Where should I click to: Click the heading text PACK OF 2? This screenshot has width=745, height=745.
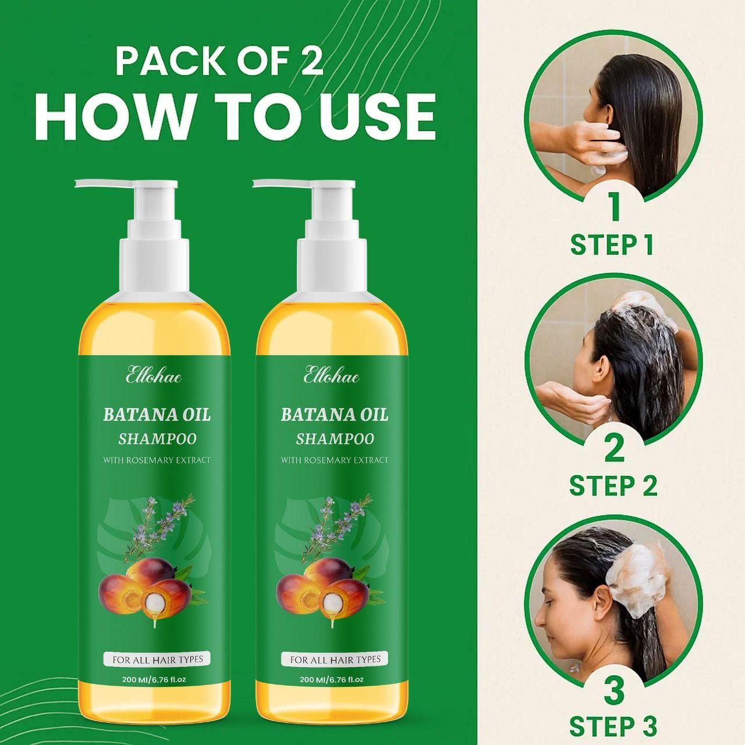coord(219,61)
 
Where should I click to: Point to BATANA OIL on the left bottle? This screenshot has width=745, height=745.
coord(157,415)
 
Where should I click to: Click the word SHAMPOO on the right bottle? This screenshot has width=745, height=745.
coord(335,438)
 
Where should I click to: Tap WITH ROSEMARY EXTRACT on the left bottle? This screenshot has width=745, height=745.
coord(157,460)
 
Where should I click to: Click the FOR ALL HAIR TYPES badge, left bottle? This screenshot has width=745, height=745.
coord(157,659)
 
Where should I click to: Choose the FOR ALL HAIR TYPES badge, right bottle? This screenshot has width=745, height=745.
coord(335,659)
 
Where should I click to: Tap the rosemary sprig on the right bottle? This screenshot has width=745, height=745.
coord(338,521)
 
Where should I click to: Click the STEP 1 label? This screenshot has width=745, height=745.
coord(612,245)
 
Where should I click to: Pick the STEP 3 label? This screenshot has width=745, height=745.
coord(613,727)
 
